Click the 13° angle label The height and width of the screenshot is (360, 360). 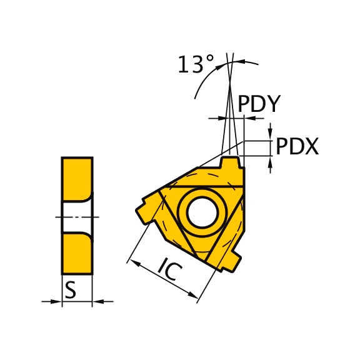196,64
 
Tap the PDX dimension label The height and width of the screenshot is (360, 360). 297,146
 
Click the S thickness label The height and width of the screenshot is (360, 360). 71,289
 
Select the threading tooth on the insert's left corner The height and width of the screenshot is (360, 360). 146,209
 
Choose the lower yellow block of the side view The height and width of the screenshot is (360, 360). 76,253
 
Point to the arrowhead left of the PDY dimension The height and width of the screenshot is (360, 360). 219,117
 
